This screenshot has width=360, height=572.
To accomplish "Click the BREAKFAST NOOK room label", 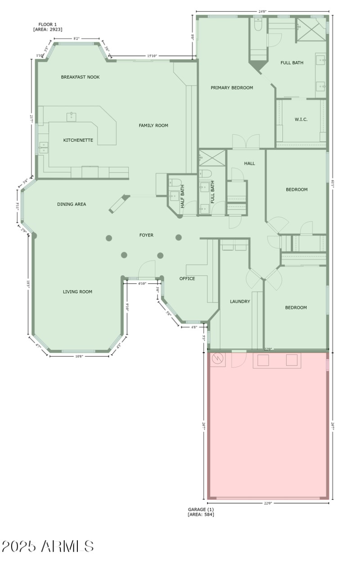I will coord(80,77).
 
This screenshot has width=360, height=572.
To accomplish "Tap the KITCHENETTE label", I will coord(78,140).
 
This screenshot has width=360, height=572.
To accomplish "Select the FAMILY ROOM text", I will coord(153,125).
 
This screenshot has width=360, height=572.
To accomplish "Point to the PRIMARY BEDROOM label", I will coord(232,88).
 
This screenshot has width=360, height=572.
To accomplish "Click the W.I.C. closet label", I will coord(301,119).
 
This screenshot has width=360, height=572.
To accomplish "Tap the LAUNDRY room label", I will coord(240,301).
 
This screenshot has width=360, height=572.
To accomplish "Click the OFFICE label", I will coord(187,278).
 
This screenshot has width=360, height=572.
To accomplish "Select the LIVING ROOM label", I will coord(77,292).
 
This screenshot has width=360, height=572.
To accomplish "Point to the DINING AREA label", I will coord(71,204).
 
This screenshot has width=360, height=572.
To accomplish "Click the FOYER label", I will coord(146,235).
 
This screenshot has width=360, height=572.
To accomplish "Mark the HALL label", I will coord(249,163).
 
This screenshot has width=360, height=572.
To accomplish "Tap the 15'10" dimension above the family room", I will coord(152,56).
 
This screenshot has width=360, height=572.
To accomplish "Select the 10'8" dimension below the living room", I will coord(79,356).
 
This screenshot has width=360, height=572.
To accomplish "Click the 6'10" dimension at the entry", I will coord(142,284).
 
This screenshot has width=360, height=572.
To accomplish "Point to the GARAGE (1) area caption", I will coord(201,512).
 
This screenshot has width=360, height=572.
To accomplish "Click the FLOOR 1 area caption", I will coord(47,27).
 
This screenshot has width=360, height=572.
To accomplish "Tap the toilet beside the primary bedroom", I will coord(258,25).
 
